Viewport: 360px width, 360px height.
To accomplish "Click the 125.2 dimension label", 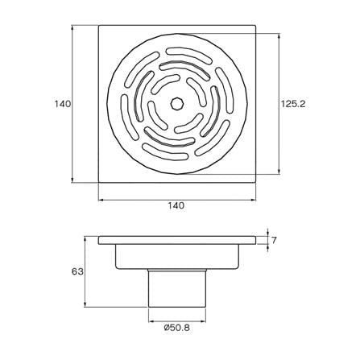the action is [x=293, y=104].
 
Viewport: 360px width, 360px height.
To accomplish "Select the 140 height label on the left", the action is [x=62, y=104].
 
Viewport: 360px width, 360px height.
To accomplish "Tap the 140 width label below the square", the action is [x=176, y=205].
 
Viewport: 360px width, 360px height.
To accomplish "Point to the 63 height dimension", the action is [x=77, y=271].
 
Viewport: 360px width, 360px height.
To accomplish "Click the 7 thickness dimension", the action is [x=274, y=240].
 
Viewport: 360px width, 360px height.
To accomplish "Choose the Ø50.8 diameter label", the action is [x=176, y=328].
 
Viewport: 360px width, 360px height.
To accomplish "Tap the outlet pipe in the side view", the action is [x=177, y=288].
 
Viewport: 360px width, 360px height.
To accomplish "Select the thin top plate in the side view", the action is [x=177, y=240].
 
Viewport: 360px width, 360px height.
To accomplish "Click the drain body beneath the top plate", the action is [x=177, y=256].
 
